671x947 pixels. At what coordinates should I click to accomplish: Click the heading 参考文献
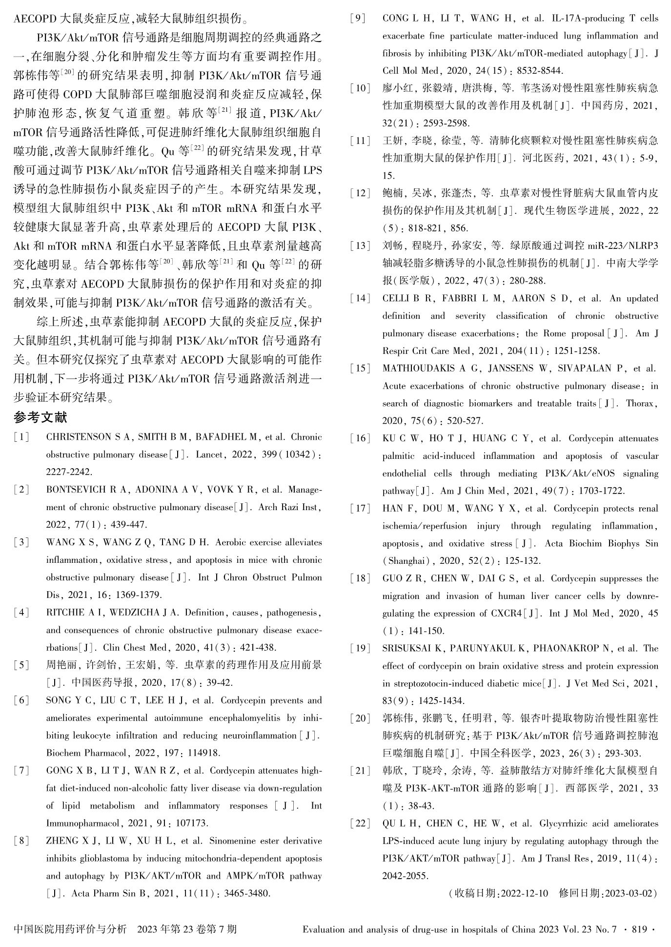[x=40, y=418]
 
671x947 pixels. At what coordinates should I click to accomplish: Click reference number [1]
[x=21, y=437]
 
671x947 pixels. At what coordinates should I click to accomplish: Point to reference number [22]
[x=360, y=823]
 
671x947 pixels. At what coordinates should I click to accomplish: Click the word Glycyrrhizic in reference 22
[x=562, y=823]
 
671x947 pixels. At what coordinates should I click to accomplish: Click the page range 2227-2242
[x=69, y=472]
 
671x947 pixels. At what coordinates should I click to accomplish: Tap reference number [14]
[x=360, y=299]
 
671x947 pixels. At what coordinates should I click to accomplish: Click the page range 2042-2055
[x=405, y=876]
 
